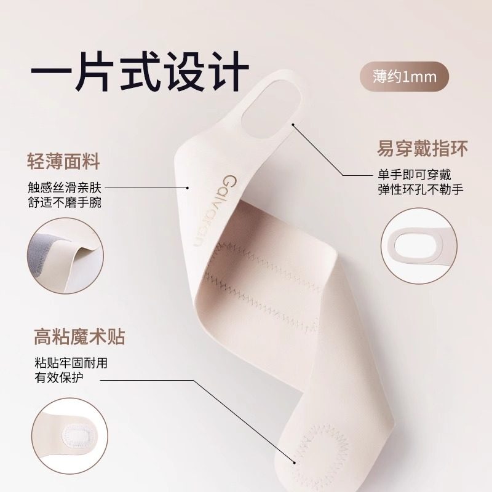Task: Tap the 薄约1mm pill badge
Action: (x=404, y=77)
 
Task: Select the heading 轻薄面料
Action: (x=63, y=162)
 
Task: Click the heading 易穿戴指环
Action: (x=423, y=149)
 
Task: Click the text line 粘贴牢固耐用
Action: (x=70, y=363)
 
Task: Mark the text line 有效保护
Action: (x=59, y=378)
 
